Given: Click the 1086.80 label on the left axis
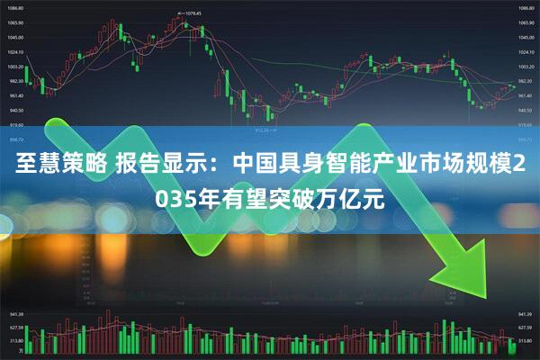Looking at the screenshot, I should point(15,8).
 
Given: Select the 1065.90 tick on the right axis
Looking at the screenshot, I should point(526,22).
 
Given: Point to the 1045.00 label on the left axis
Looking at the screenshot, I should point(15,37).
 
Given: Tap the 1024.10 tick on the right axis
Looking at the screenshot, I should point(526,51).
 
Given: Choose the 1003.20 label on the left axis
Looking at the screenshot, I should point(15,67).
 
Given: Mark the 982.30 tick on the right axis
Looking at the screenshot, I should point(526,81).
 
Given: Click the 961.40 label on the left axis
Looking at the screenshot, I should point(15,95).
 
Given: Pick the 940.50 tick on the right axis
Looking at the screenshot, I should point(526,110).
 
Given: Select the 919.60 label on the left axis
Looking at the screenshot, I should point(15,124).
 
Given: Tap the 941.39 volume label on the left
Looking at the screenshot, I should point(15,315).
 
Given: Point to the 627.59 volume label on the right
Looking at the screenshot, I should point(526,328).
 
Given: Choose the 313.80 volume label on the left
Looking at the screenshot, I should point(15,342).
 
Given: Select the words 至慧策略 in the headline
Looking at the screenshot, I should point(59,166).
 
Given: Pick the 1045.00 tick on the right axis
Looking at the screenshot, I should point(526,37).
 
